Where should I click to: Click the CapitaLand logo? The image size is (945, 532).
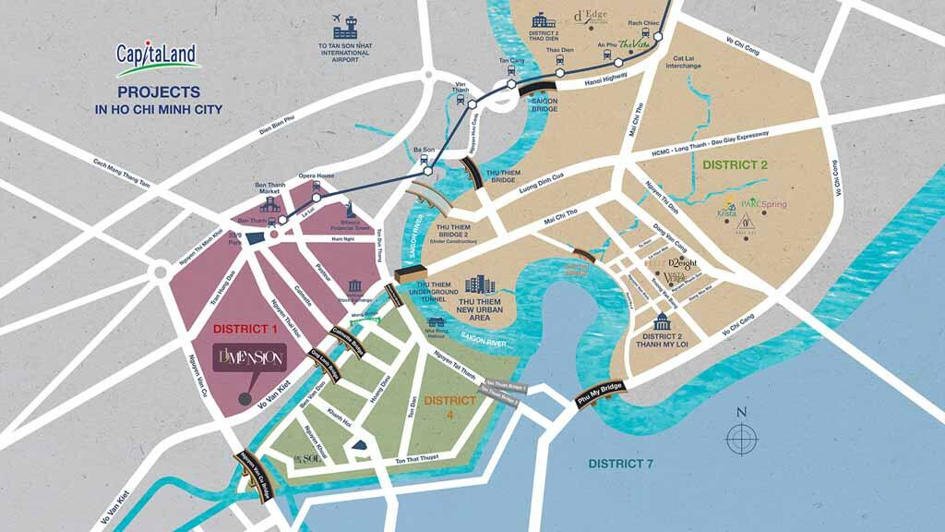click(x=157, y=56)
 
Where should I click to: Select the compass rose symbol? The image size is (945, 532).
click(x=740, y=436)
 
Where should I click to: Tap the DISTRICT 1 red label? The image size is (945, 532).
click(x=245, y=329)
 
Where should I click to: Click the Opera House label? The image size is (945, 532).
click(x=316, y=175)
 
